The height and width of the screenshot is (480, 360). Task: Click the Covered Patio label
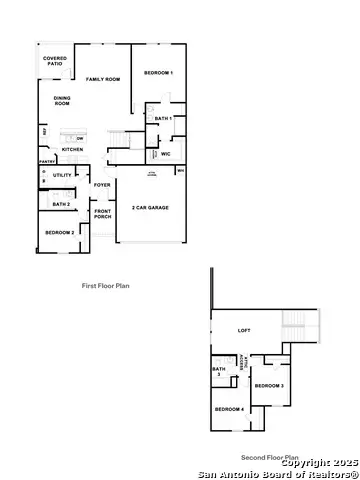(55, 62)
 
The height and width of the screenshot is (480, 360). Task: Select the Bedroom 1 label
(158, 73)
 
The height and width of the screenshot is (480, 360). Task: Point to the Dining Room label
(62, 101)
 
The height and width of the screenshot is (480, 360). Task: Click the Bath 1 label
(164, 119)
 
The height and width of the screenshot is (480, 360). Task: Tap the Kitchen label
(73, 149)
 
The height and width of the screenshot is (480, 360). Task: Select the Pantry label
(46, 160)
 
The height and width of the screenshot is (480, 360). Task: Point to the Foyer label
(102, 185)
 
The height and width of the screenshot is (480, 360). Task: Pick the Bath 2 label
(61, 204)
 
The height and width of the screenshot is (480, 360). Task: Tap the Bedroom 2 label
(60, 232)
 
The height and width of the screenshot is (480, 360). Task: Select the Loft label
(243, 331)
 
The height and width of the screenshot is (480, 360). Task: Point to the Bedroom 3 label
(268, 385)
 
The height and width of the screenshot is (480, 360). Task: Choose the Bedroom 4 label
(229, 409)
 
